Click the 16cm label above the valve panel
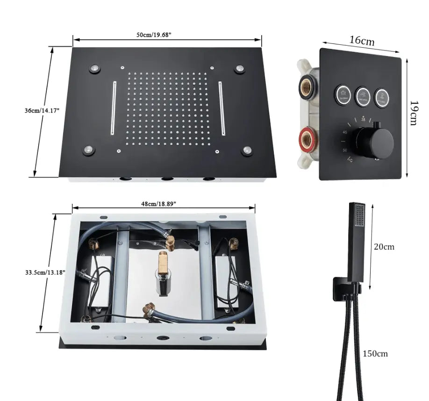pyautogui.click(x=363, y=40)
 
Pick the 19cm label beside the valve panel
pyautogui.click(x=413, y=113)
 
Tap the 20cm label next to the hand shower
pyautogui.click(x=384, y=246)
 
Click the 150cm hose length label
pyautogui.click(x=375, y=353)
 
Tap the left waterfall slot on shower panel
pyautogui.click(x=113, y=108)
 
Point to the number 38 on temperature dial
pyautogui.click(x=364, y=120)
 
